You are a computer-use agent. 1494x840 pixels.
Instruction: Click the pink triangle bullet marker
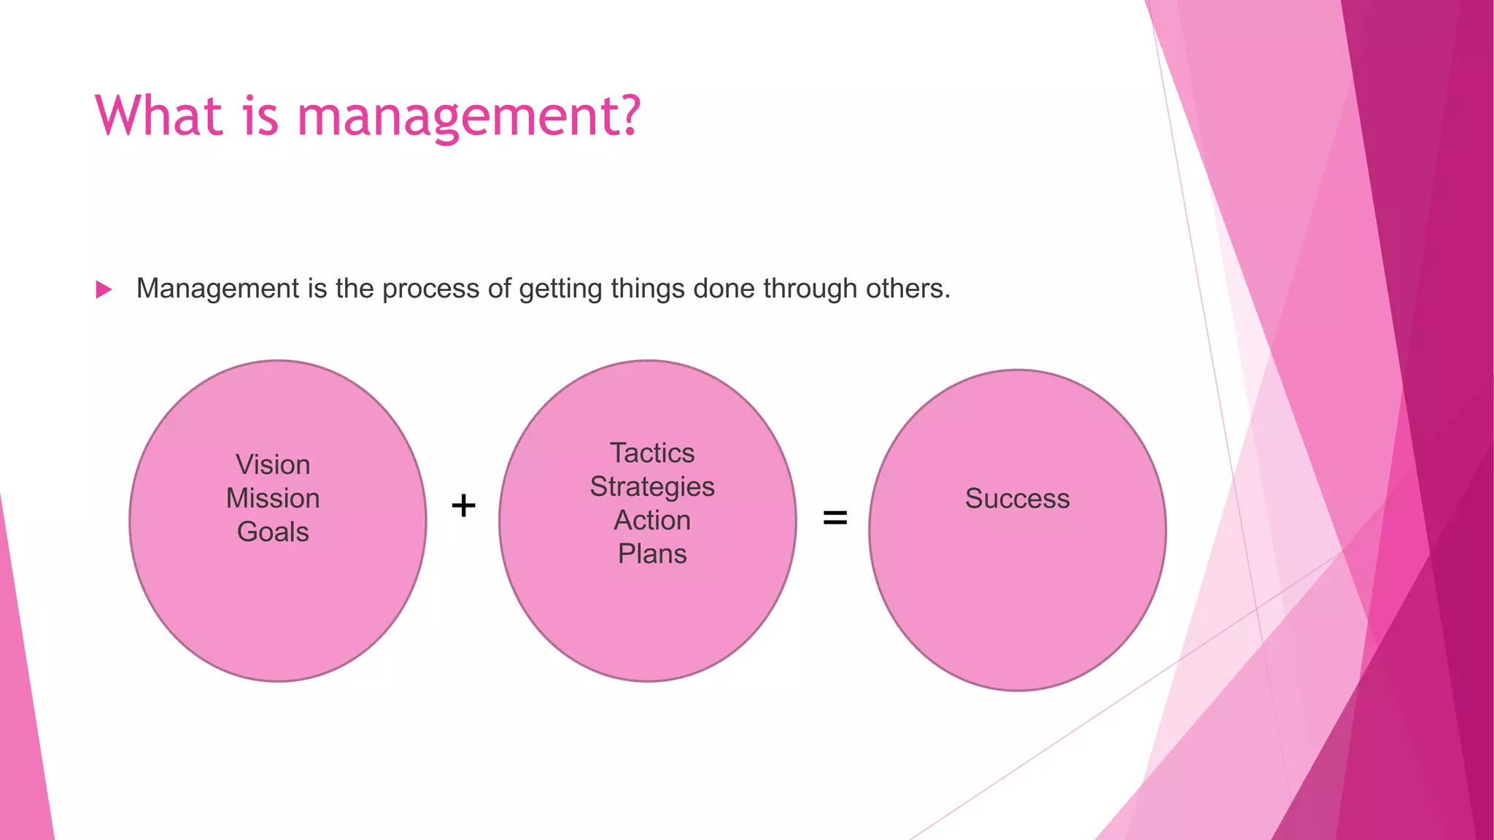pos(104,289)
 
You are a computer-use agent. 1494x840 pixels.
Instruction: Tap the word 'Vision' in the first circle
pos(273,464)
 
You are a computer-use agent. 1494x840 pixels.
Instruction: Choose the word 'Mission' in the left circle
pos(273,498)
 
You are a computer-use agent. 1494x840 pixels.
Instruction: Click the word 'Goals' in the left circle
pos(273,532)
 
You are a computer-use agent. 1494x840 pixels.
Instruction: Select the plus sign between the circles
pos(463,505)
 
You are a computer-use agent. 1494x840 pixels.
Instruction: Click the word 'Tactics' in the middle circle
pos(652,453)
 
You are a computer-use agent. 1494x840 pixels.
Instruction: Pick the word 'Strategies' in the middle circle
pos(652,487)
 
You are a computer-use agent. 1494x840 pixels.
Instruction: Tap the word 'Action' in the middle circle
pos(652,520)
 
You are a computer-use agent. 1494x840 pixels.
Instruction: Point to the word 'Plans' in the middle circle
pos(652,554)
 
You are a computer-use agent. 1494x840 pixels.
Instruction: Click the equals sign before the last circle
pos(835,518)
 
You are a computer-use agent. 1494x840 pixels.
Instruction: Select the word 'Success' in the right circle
pos(1017,498)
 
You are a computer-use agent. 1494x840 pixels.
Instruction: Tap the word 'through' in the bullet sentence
pos(810,289)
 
